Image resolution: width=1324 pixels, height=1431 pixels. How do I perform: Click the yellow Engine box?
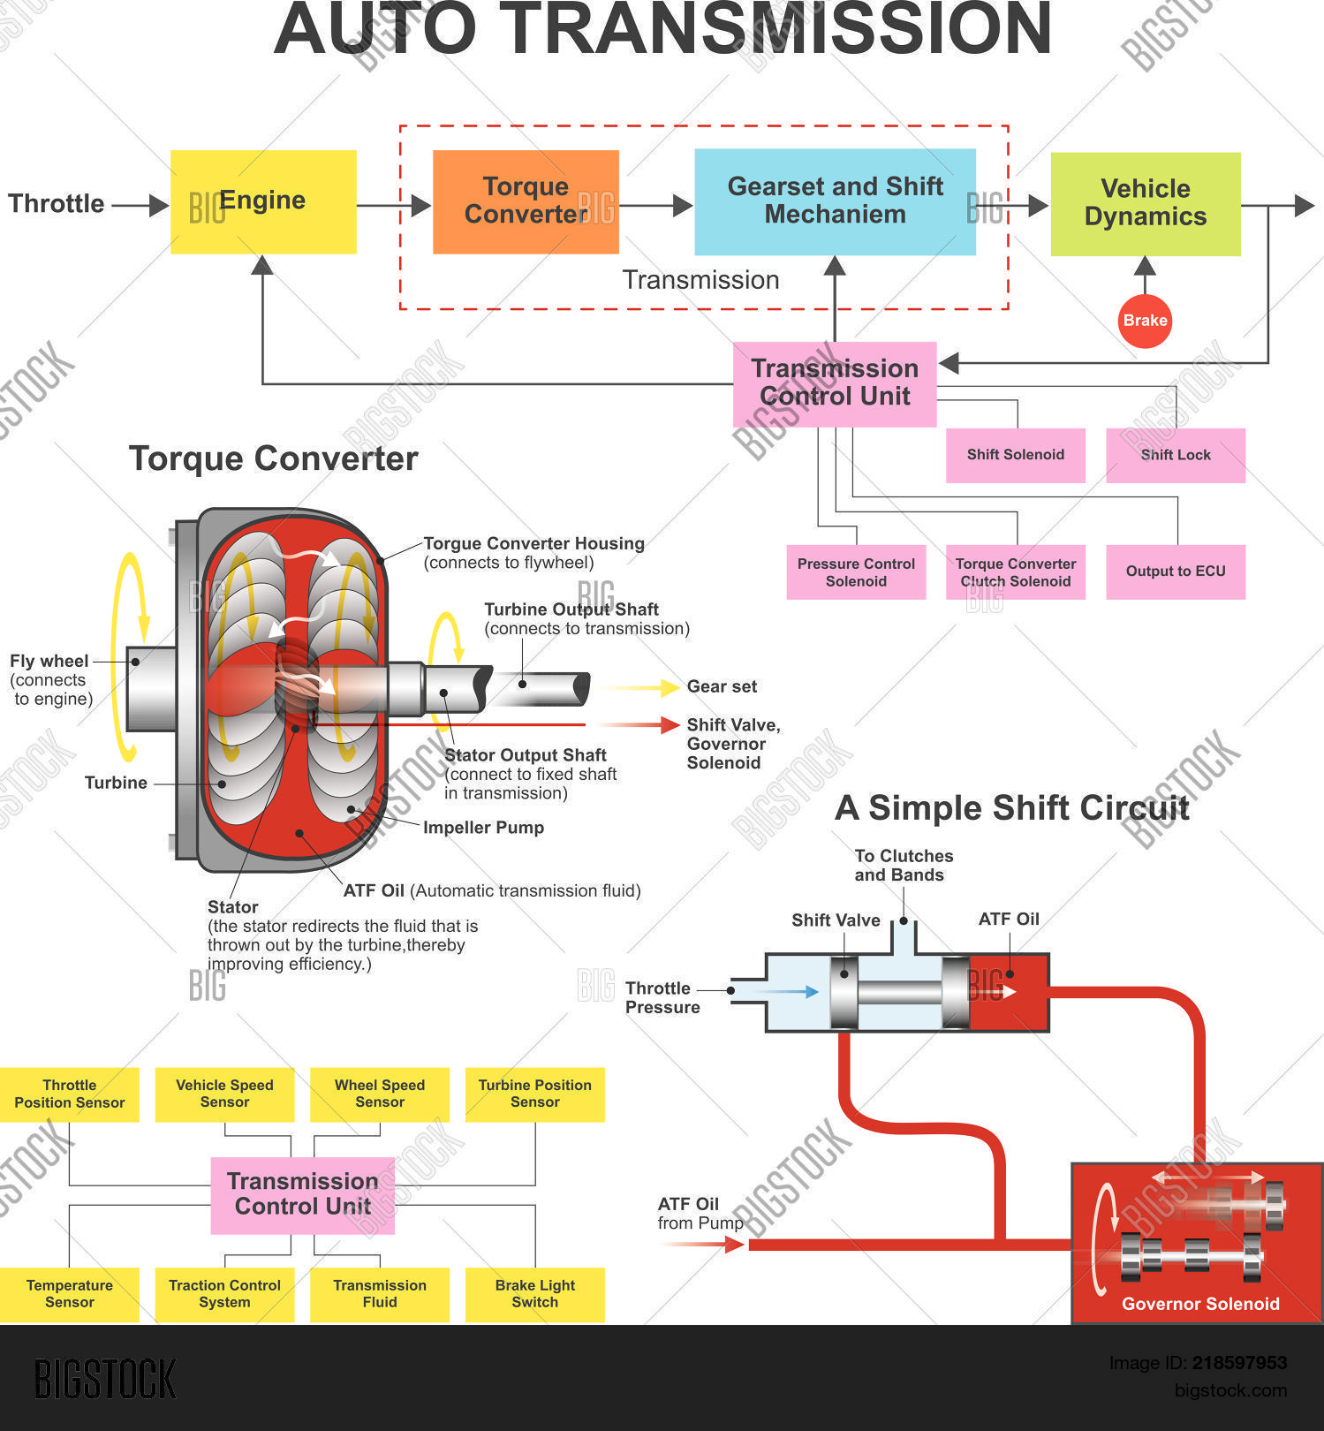[263, 202]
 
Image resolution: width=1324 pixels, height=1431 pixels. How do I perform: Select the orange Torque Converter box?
[526, 202]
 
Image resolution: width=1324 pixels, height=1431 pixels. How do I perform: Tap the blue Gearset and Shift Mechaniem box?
[835, 202]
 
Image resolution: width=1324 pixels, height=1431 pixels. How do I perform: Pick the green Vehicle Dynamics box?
[1145, 204]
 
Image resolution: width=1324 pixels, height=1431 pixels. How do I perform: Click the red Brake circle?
[1145, 321]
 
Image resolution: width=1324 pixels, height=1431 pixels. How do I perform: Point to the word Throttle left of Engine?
[57, 204]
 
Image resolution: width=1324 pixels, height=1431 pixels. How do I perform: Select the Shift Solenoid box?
[1015, 455]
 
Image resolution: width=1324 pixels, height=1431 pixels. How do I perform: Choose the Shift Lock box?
[1175, 455]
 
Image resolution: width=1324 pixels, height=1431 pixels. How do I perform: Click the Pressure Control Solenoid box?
[856, 572]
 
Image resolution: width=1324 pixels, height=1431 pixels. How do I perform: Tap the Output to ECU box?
[1175, 572]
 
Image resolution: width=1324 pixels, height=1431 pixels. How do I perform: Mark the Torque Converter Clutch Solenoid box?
[1015, 572]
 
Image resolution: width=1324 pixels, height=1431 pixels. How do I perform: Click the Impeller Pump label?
[483, 828]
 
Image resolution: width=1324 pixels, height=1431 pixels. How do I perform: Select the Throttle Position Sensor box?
[70, 1094]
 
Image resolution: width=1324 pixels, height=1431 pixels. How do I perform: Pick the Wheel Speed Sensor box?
[380, 1094]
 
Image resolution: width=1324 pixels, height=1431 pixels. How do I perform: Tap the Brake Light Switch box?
[534, 1294]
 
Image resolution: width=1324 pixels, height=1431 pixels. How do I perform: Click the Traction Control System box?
[224, 1294]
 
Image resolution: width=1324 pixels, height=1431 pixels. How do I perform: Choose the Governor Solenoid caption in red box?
[1200, 1304]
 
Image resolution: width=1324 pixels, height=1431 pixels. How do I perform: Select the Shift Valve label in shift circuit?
[836, 920]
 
